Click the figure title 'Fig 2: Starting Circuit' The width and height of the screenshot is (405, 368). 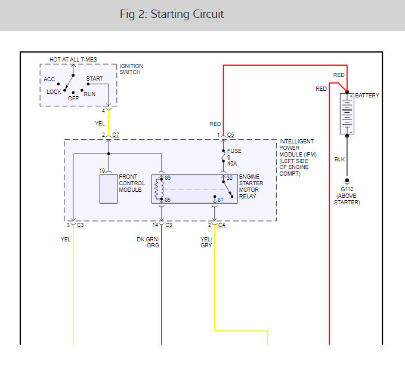click(x=172, y=14)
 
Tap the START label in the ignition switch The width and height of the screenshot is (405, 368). click(x=94, y=79)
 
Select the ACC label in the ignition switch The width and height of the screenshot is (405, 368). click(x=49, y=79)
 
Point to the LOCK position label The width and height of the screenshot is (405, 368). click(x=54, y=92)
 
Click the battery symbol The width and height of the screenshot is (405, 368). click(x=347, y=114)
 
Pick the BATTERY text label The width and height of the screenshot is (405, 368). click(x=367, y=96)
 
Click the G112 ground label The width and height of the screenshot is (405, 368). click(x=347, y=189)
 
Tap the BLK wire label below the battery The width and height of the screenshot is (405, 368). click(x=339, y=160)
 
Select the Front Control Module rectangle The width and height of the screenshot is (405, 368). click(x=109, y=189)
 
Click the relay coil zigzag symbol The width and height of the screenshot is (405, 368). click(x=157, y=189)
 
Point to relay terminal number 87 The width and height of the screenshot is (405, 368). click(x=221, y=200)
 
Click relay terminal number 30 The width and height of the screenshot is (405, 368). click(x=230, y=178)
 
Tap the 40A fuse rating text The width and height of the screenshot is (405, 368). click(x=232, y=164)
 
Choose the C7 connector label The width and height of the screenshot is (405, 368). click(x=116, y=135)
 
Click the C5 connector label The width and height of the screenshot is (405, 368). click(x=230, y=135)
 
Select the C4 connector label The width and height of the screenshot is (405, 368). click(x=222, y=225)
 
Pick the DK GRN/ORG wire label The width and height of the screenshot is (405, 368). click(x=148, y=243)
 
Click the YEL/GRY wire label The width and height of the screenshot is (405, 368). click(x=206, y=243)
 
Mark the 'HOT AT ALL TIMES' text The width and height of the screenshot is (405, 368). click(x=73, y=60)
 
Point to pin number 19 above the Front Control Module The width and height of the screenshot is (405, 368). click(x=102, y=171)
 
